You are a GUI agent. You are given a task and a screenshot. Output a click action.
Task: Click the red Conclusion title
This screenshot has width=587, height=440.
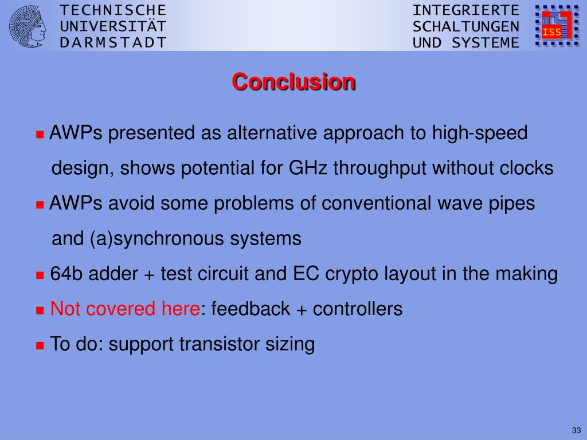click(x=293, y=81)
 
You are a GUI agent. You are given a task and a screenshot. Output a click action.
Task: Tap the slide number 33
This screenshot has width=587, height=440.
click(x=576, y=430)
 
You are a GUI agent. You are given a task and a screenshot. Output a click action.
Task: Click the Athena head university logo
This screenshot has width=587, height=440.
click(x=28, y=26)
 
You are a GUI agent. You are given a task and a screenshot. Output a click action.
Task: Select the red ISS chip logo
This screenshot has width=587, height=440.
click(x=557, y=25)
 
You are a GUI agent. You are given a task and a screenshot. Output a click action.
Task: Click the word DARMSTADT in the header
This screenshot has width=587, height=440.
click(x=113, y=42)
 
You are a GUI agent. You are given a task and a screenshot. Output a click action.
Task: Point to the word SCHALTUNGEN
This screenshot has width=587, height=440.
click(x=466, y=26)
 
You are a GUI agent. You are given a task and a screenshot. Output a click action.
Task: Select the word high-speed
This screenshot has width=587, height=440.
click(x=480, y=133)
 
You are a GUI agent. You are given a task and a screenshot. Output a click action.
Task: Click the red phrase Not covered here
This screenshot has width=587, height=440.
click(x=125, y=309)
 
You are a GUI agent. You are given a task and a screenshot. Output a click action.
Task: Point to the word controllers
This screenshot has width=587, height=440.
click(x=358, y=309)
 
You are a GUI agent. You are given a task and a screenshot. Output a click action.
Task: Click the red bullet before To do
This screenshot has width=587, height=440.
click(x=40, y=345)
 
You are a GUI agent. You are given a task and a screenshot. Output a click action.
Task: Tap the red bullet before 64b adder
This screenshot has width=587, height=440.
click(x=40, y=276)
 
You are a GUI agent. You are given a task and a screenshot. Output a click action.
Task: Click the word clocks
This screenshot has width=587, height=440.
click(x=526, y=168)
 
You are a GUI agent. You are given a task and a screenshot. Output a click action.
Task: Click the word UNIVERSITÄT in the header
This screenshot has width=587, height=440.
click(x=113, y=26)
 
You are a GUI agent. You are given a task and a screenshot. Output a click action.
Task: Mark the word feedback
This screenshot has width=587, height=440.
click(x=251, y=309)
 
